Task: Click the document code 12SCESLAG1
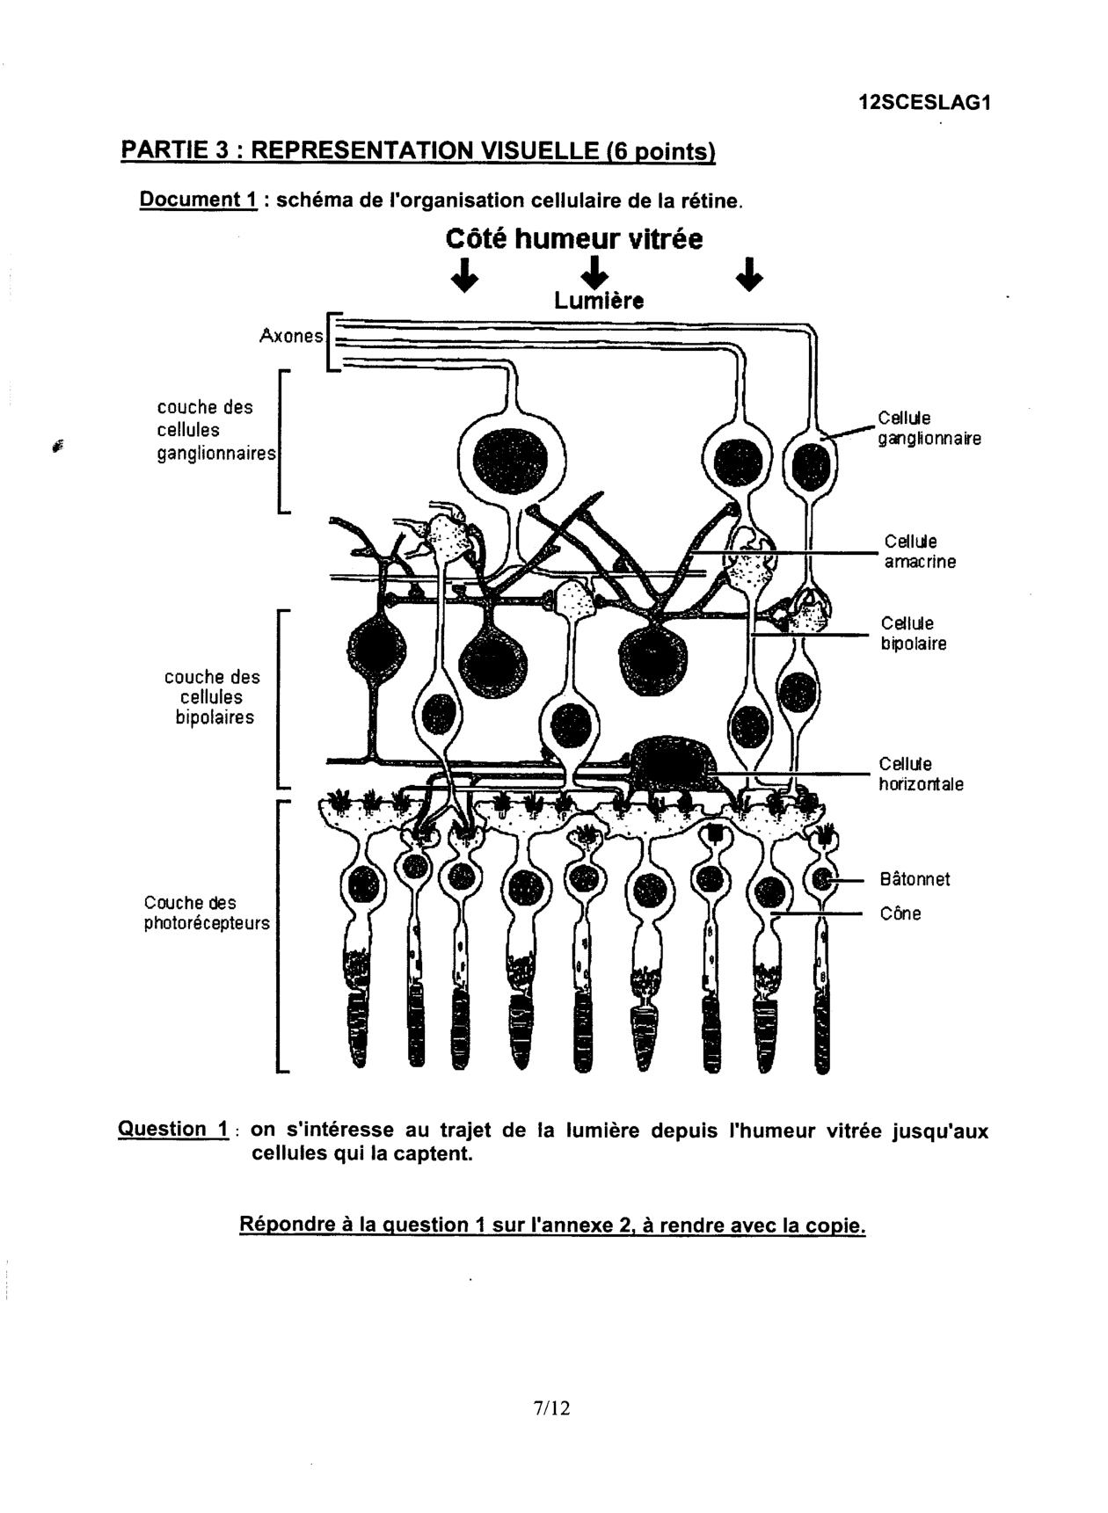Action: point(924,103)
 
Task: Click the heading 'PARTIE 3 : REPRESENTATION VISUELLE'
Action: point(418,151)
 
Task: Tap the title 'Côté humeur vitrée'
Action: point(574,239)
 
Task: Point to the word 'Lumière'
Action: point(598,302)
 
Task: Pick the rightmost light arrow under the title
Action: point(748,274)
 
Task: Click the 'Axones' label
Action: point(291,336)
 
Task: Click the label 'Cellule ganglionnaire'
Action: point(929,428)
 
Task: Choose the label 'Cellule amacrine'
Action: point(919,552)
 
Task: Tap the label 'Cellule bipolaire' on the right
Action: point(914,634)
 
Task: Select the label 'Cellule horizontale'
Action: point(920,775)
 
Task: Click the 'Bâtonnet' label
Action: point(915,880)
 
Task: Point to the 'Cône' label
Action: point(900,914)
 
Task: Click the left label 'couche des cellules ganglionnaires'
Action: point(215,431)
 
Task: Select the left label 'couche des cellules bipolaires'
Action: point(213,697)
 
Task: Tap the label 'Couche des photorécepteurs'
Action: point(207,913)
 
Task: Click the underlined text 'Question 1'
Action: point(173,1130)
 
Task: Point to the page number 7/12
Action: point(551,1408)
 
